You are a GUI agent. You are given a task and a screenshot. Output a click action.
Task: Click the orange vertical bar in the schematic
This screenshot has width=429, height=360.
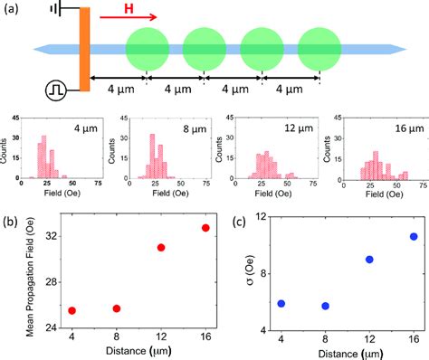pyautogui.click(x=84, y=49)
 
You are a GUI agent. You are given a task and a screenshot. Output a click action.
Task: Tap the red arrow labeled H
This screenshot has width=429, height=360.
pyautogui.click(x=128, y=16)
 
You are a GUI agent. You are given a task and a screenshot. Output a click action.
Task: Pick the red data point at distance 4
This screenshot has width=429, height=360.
pyautogui.click(x=71, y=310)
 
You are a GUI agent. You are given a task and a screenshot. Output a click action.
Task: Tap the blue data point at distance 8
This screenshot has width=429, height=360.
pyautogui.click(x=326, y=306)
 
